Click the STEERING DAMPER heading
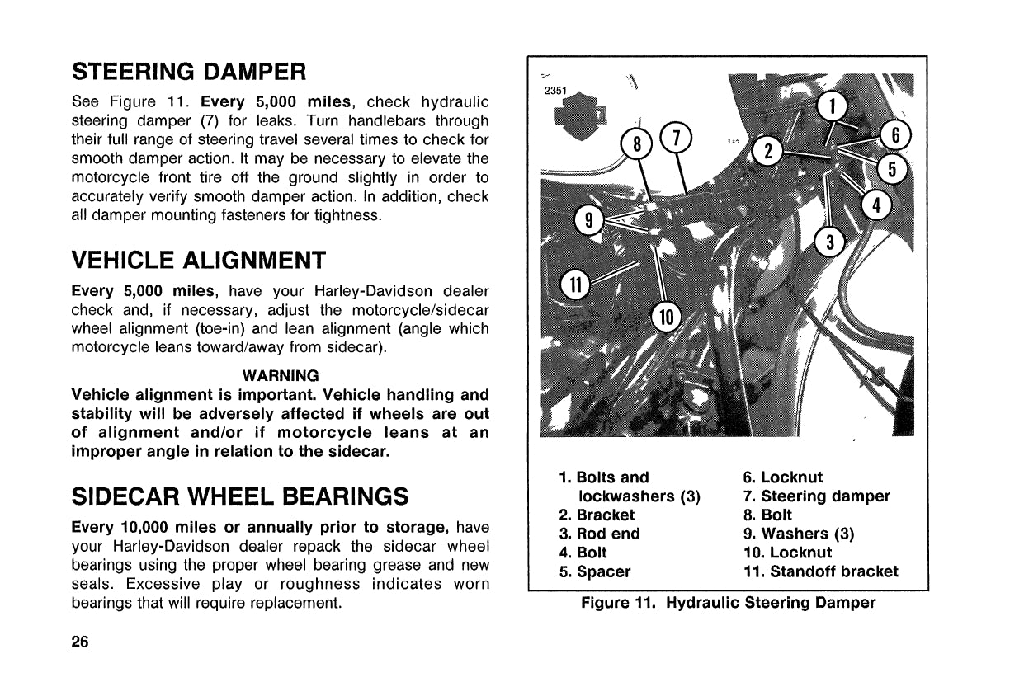(190, 72)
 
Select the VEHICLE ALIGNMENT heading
(199, 261)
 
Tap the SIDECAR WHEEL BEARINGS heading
(240, 496)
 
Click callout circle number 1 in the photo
(833, 106)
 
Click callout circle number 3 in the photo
(830, 242)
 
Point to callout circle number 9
(588, 220)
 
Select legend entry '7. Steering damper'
(816, 496)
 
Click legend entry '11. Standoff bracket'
(820, 571)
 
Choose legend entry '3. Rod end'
(599, 534)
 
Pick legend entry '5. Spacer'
(594, 571)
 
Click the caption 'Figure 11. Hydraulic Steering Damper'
(728, 603)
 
